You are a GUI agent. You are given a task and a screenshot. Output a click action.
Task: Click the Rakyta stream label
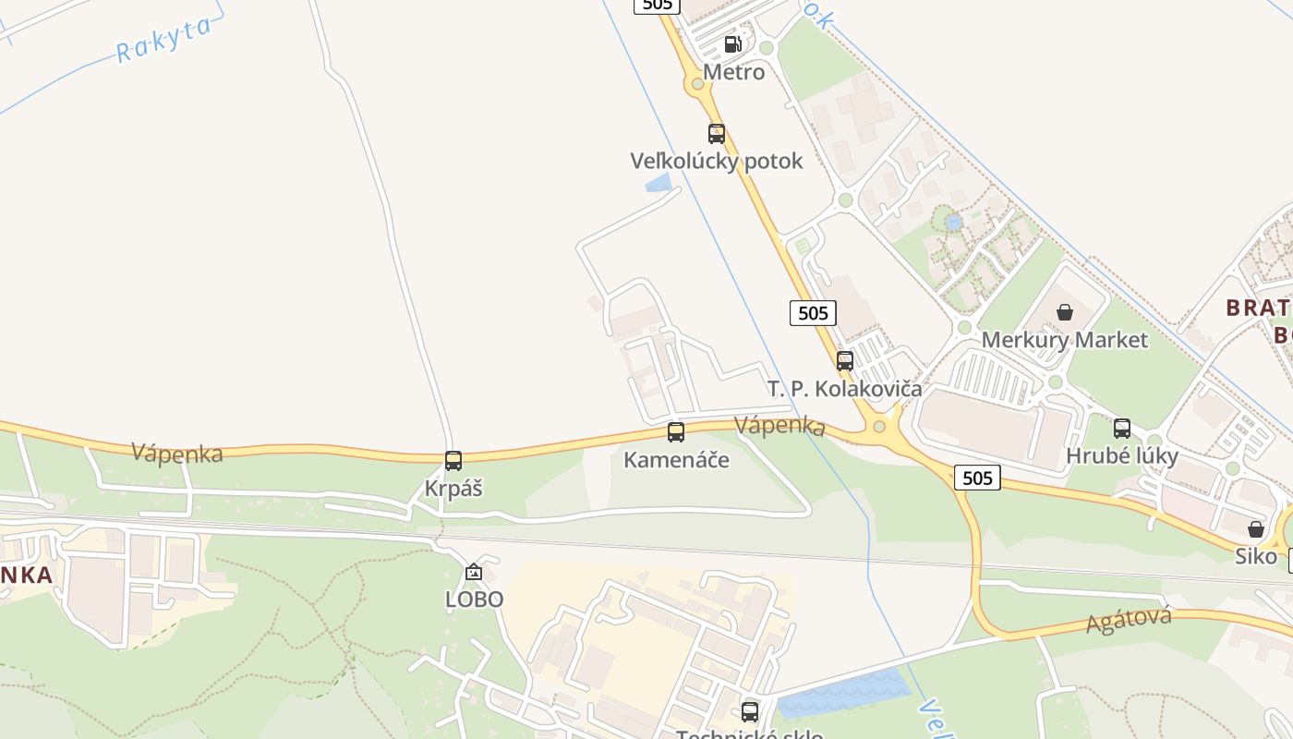click(x=163, y=39)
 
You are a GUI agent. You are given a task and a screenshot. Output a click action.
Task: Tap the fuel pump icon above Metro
click(x=732, y=43)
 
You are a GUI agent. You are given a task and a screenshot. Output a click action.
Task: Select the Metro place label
click(x=734, y=72)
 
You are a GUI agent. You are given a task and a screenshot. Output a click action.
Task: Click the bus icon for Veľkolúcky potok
click(x=717, y=133)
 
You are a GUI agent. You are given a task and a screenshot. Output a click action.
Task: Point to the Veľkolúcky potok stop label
click(x=717, y=161)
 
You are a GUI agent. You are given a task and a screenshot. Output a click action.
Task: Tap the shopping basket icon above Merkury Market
click(x=1065, y=312)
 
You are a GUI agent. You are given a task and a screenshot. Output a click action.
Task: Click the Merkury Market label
click(x=1065, y=339)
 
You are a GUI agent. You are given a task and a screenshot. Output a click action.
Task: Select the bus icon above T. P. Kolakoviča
click(x=845, y=361)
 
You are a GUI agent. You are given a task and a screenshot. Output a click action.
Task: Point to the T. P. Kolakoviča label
click(x=845, y=388)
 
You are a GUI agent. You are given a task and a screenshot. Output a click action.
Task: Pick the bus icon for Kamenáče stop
click(x=676, y=432)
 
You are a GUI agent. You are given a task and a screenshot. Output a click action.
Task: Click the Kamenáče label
click(x=676, y=459)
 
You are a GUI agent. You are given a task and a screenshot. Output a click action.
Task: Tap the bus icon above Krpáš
click(x=453, y=460)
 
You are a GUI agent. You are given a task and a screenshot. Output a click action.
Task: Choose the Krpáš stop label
click(x=453, y=488)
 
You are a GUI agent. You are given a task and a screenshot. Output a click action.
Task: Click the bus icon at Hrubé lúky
click(x=1122, y=428)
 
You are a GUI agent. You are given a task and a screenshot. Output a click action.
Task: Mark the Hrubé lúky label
click(x=1122, y=455)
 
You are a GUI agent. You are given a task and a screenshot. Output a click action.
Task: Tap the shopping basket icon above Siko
click(x=1256, y=529)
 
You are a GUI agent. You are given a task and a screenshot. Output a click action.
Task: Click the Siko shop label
click(x=1256, y=556)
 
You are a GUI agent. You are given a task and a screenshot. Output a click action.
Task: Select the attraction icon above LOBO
click(x=474, y=573)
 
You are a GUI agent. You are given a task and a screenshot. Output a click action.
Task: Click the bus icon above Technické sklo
click(x=750, y=711)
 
